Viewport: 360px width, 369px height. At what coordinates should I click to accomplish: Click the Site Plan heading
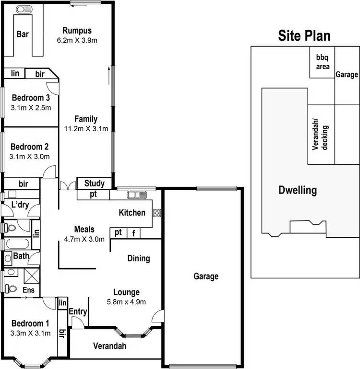[304, 36]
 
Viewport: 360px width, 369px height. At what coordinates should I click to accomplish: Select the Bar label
[23, 34]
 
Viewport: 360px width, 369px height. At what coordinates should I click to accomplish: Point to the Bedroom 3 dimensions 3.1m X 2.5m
[31, 108]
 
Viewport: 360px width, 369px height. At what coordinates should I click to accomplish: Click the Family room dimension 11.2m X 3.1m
[86, 128]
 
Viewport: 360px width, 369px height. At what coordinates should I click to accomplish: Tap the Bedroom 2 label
[29, 147]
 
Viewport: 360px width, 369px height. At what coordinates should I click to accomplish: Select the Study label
[94, 183]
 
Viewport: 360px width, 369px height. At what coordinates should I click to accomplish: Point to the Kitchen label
[132, 212]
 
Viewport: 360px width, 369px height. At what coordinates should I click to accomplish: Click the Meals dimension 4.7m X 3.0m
[84, 239]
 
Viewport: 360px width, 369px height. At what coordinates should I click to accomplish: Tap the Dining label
[138, 258]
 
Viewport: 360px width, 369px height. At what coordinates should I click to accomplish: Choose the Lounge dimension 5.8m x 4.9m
[126, 302]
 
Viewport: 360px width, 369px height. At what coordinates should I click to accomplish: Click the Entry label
[78, 312]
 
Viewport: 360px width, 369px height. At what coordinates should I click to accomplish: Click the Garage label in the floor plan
[206, 276]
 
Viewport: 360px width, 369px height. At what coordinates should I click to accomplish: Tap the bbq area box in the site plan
[322, 62]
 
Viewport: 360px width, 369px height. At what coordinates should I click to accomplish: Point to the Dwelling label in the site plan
[298, 190]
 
